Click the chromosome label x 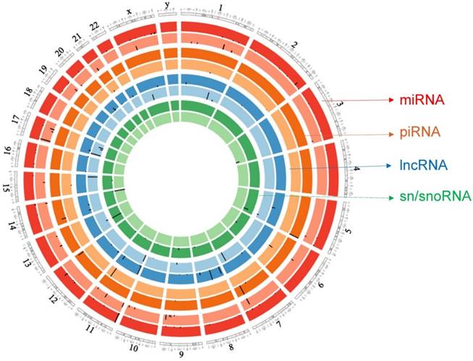pyautogui.click(x=129, y=11)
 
